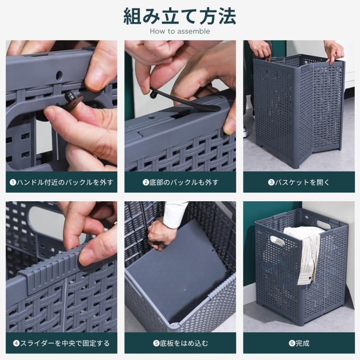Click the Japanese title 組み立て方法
click(180, 16)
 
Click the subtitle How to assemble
click(180, 31)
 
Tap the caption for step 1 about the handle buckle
click(62, 182)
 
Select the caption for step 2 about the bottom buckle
click(180, 182)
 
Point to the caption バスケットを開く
click(299, 182)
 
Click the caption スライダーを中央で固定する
click(62, 343)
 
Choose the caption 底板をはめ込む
click(180, 343)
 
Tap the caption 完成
click(299, 343)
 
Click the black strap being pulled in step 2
click(184, 101)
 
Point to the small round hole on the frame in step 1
click(59, 76)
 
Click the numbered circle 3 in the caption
click(271, 182)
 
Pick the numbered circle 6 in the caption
click(292, 343)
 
